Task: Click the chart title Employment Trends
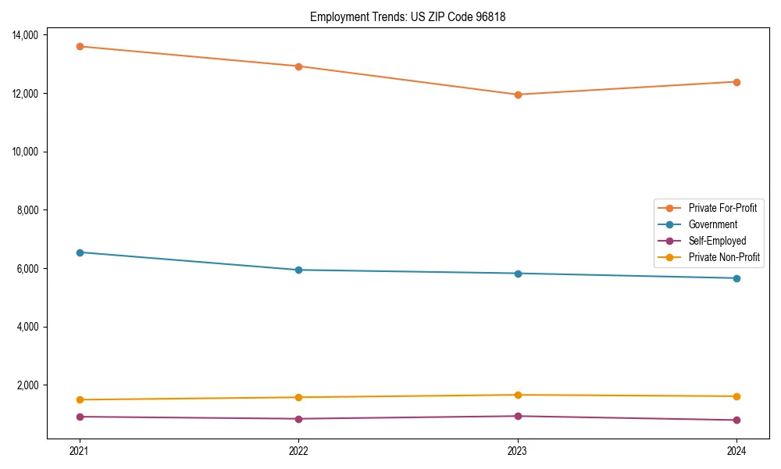[408, 16]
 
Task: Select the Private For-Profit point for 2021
[79, 46]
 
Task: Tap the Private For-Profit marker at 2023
[518, 95]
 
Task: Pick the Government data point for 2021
[79, 252]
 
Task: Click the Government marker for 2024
[736, 278]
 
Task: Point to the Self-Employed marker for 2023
[518, 416]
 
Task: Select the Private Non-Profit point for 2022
[298, 397]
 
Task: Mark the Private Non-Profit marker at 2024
[736, 396]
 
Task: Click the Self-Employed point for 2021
[79, 417]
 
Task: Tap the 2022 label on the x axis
[298, 450]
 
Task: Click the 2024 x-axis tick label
[736, 450]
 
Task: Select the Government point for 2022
[298, 270]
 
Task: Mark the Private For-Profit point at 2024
[736, 82]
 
